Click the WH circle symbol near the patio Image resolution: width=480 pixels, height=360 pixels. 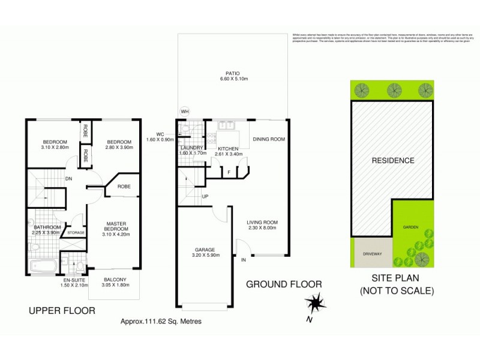coord(185,111)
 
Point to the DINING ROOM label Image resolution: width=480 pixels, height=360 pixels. coord(268,140)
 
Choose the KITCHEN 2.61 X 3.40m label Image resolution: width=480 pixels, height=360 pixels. coord(228,151)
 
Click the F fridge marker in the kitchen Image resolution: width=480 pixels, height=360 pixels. coord(229,173)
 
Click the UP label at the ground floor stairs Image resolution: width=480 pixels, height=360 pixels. coord(205,197)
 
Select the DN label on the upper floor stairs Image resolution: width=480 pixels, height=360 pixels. coord(69,178)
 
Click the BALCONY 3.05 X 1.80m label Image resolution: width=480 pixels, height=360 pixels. coord(114,283)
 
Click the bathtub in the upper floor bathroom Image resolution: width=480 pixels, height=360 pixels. coord(43,266)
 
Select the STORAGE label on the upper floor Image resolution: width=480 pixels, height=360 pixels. coord(76,233)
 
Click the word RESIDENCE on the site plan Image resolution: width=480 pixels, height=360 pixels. coord(393,160)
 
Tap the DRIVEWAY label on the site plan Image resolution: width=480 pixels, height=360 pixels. coord(372,254)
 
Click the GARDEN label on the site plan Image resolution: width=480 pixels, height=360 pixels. coord(410,228)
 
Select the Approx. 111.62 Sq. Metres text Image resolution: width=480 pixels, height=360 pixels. coord(161,322)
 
